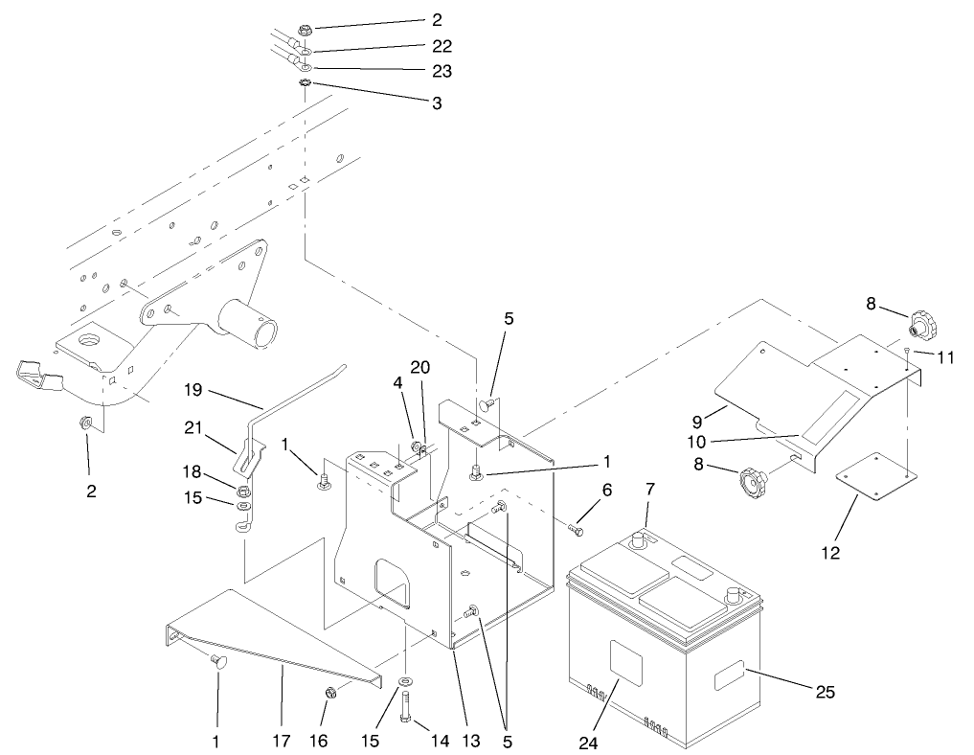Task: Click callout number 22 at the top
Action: coord(441,45)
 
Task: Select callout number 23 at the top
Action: coord(441,71)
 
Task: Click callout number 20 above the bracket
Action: coord(420,367)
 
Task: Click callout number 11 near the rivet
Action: coord(946,357)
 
